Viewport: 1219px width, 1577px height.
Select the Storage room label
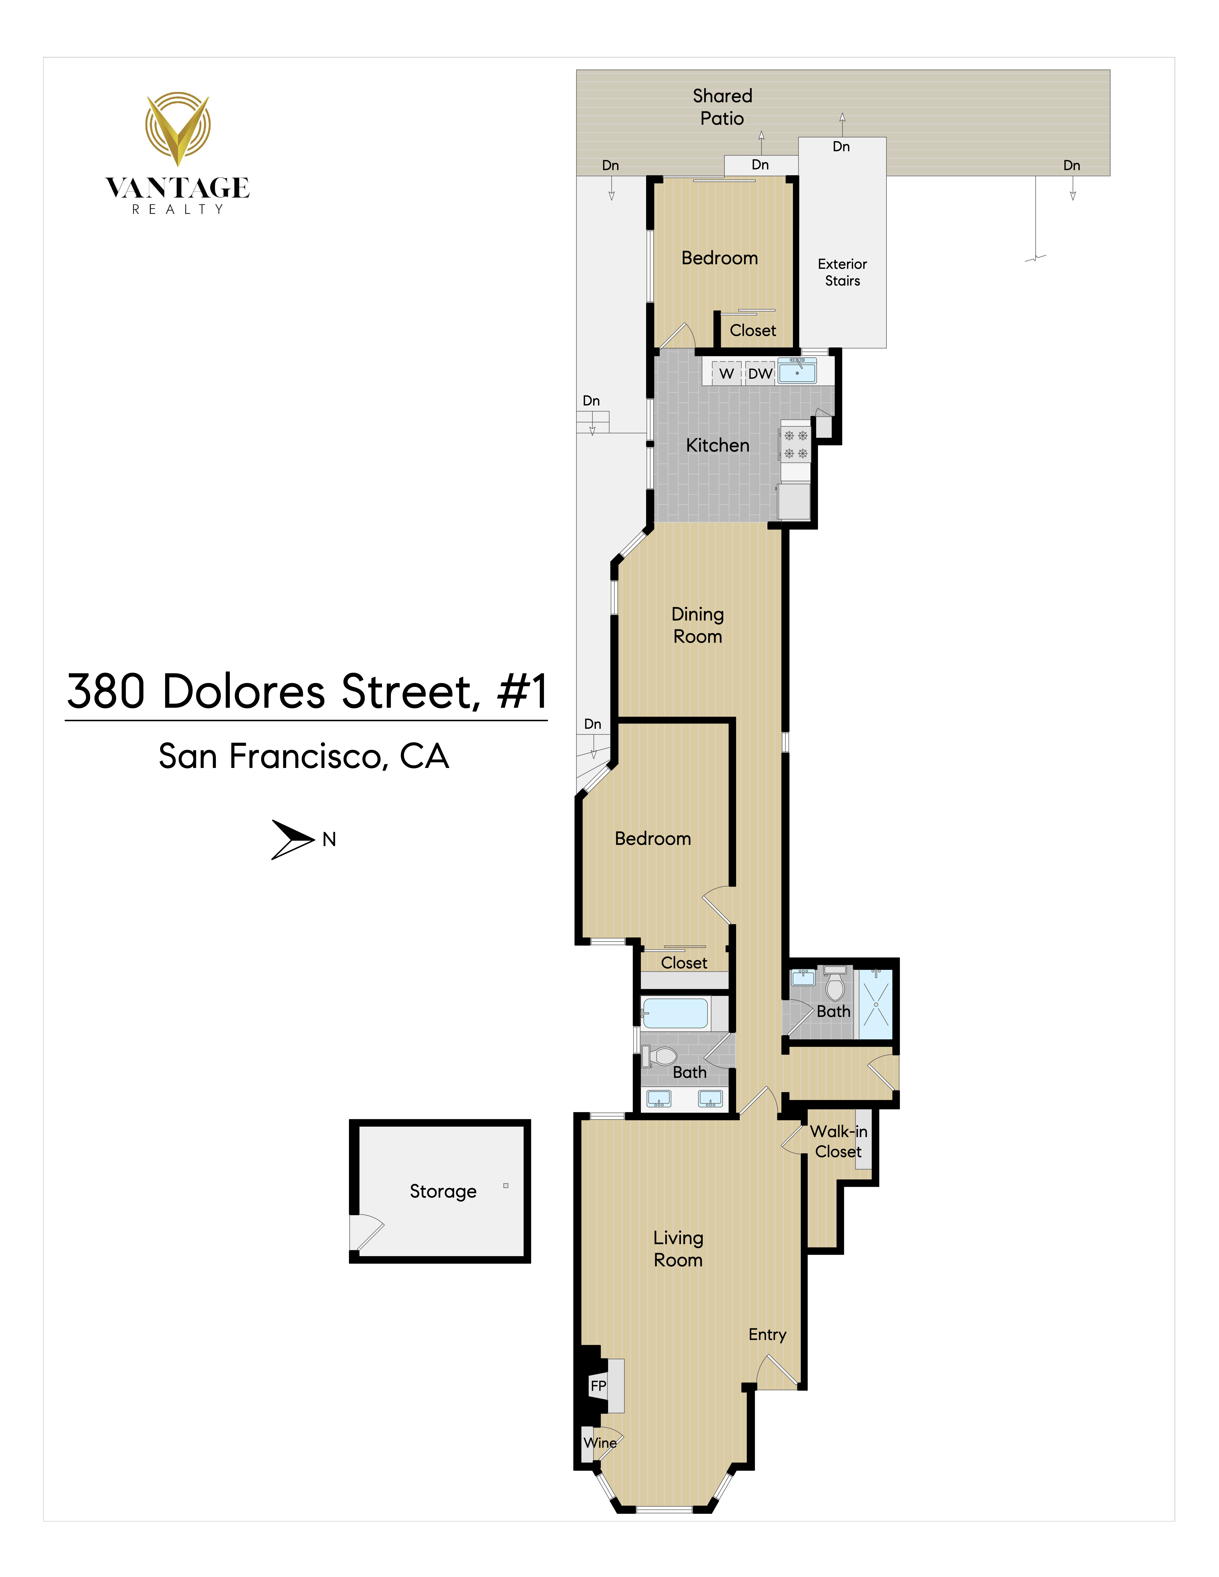443,1191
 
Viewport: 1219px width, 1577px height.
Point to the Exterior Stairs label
842,272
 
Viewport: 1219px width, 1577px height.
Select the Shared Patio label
722,107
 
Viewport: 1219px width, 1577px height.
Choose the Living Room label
678,1248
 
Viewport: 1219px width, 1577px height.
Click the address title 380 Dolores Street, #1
307,692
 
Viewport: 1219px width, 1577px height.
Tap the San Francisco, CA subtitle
304,756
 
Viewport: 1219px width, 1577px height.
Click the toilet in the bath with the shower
835,983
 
